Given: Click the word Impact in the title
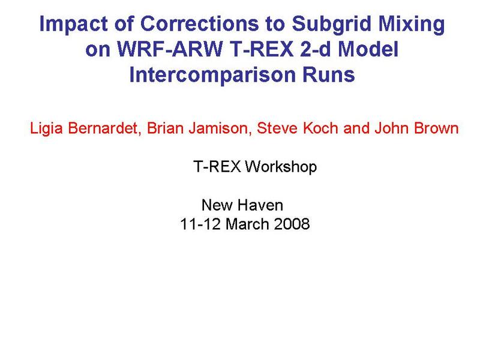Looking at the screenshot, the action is click(73, 24).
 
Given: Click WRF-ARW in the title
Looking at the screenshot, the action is click(170, 49).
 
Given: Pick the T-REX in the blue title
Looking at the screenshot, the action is click(262, 49).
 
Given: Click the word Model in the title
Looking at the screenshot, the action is click(368, 49).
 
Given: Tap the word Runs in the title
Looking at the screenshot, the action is click(328, 74).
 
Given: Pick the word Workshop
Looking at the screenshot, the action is click(281, 167).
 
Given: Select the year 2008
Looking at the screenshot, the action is click(292, 224).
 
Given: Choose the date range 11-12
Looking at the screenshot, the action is click(200, 224).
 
